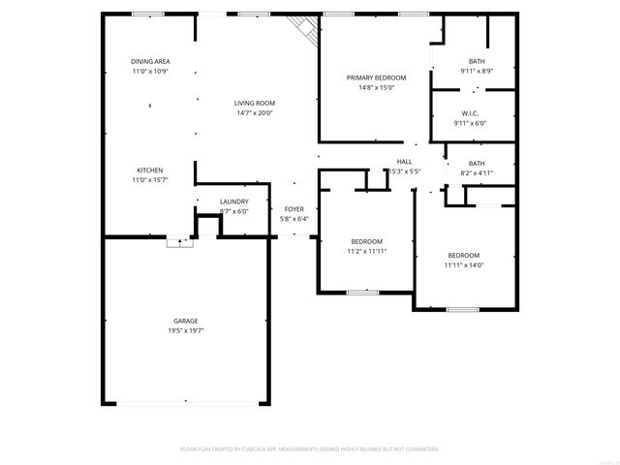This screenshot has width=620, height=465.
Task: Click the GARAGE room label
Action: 186,321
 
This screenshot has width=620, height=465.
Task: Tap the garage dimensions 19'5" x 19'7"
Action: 186,330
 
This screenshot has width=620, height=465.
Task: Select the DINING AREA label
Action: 150,61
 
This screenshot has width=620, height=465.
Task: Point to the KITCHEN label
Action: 149,170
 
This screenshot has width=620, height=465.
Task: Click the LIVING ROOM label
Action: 255,103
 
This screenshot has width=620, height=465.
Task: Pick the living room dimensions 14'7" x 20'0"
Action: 255,112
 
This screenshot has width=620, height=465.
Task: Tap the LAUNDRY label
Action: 234,201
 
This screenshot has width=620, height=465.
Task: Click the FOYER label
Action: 294,209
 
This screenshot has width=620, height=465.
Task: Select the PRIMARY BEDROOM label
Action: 377,77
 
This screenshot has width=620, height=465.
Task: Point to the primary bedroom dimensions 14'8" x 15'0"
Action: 377,87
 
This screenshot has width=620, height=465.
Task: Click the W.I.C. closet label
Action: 471,113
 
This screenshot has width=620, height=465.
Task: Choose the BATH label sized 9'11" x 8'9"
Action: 477,61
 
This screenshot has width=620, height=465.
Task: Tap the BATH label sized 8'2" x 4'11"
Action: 477,163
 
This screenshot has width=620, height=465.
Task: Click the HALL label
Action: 404,161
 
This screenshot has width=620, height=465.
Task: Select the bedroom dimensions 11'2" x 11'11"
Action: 366,251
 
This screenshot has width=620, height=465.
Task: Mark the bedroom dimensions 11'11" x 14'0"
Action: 463,264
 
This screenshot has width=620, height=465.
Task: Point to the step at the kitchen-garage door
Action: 179,243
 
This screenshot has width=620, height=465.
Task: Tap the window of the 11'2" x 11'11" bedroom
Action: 362,292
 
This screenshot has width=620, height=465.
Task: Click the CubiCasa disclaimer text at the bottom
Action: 310,449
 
